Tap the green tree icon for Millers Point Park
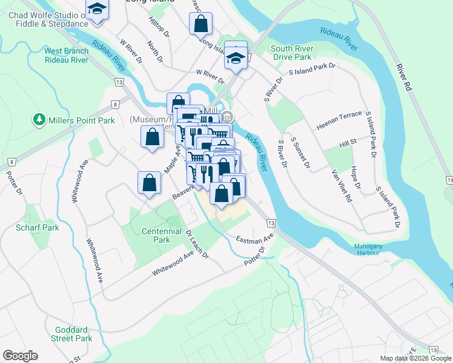[40, 119]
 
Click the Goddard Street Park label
[72, 334]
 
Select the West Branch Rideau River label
[67, 55]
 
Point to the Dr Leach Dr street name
[197, 244]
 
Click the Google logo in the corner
[20, 356]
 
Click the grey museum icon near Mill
[227, 117]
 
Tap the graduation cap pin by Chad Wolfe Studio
[96, 10]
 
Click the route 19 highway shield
[449, 180]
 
